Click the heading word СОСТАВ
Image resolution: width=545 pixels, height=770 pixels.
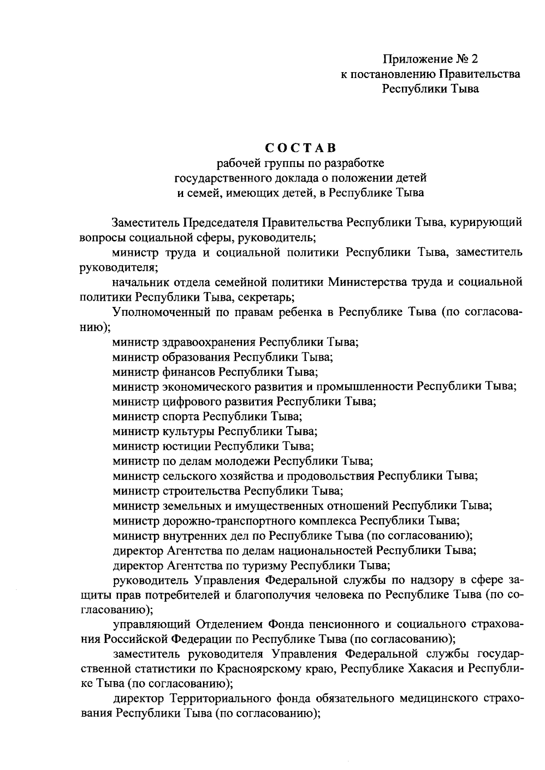coord(300,148)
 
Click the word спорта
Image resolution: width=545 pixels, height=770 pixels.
coord(181,416)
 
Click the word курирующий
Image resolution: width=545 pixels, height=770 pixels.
coord(483,223)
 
